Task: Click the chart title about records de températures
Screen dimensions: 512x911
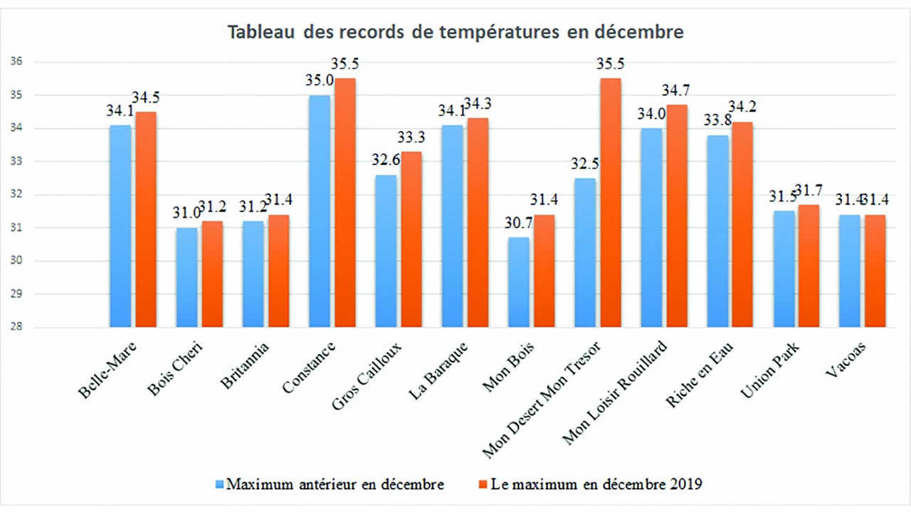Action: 455,33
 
